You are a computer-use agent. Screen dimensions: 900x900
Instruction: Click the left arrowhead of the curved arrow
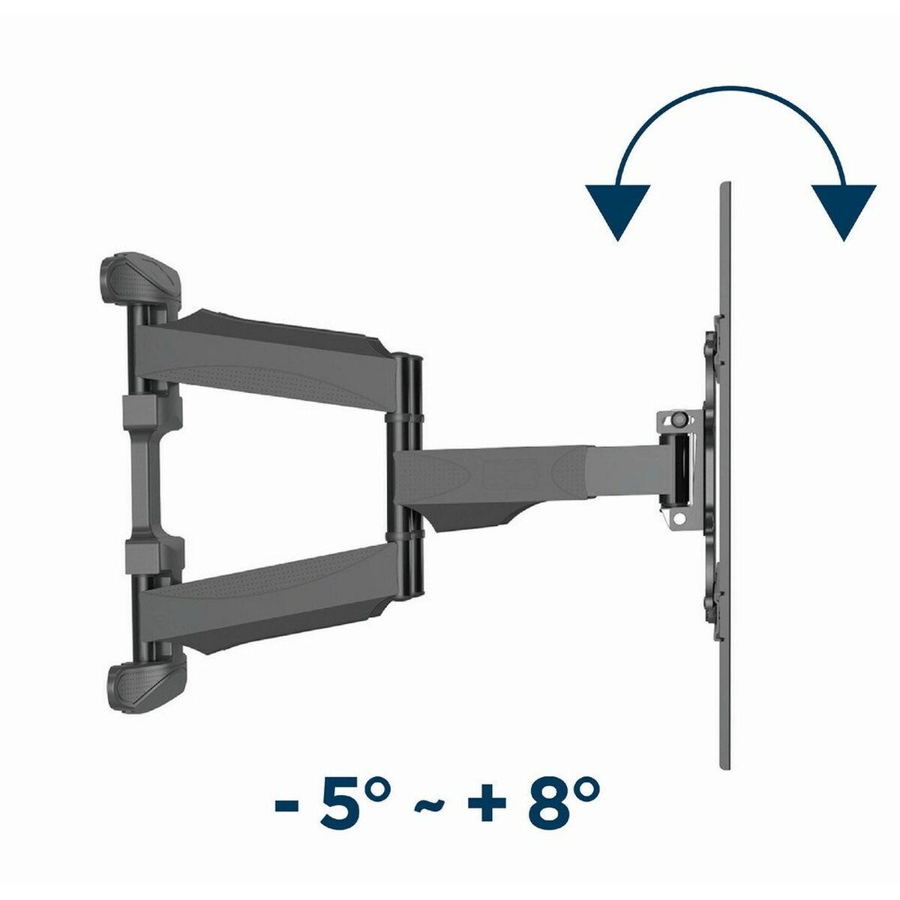(619, 208)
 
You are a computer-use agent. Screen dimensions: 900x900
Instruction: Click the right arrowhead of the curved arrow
(844, 208)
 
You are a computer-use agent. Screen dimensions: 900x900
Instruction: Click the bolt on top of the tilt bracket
(679, 418)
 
